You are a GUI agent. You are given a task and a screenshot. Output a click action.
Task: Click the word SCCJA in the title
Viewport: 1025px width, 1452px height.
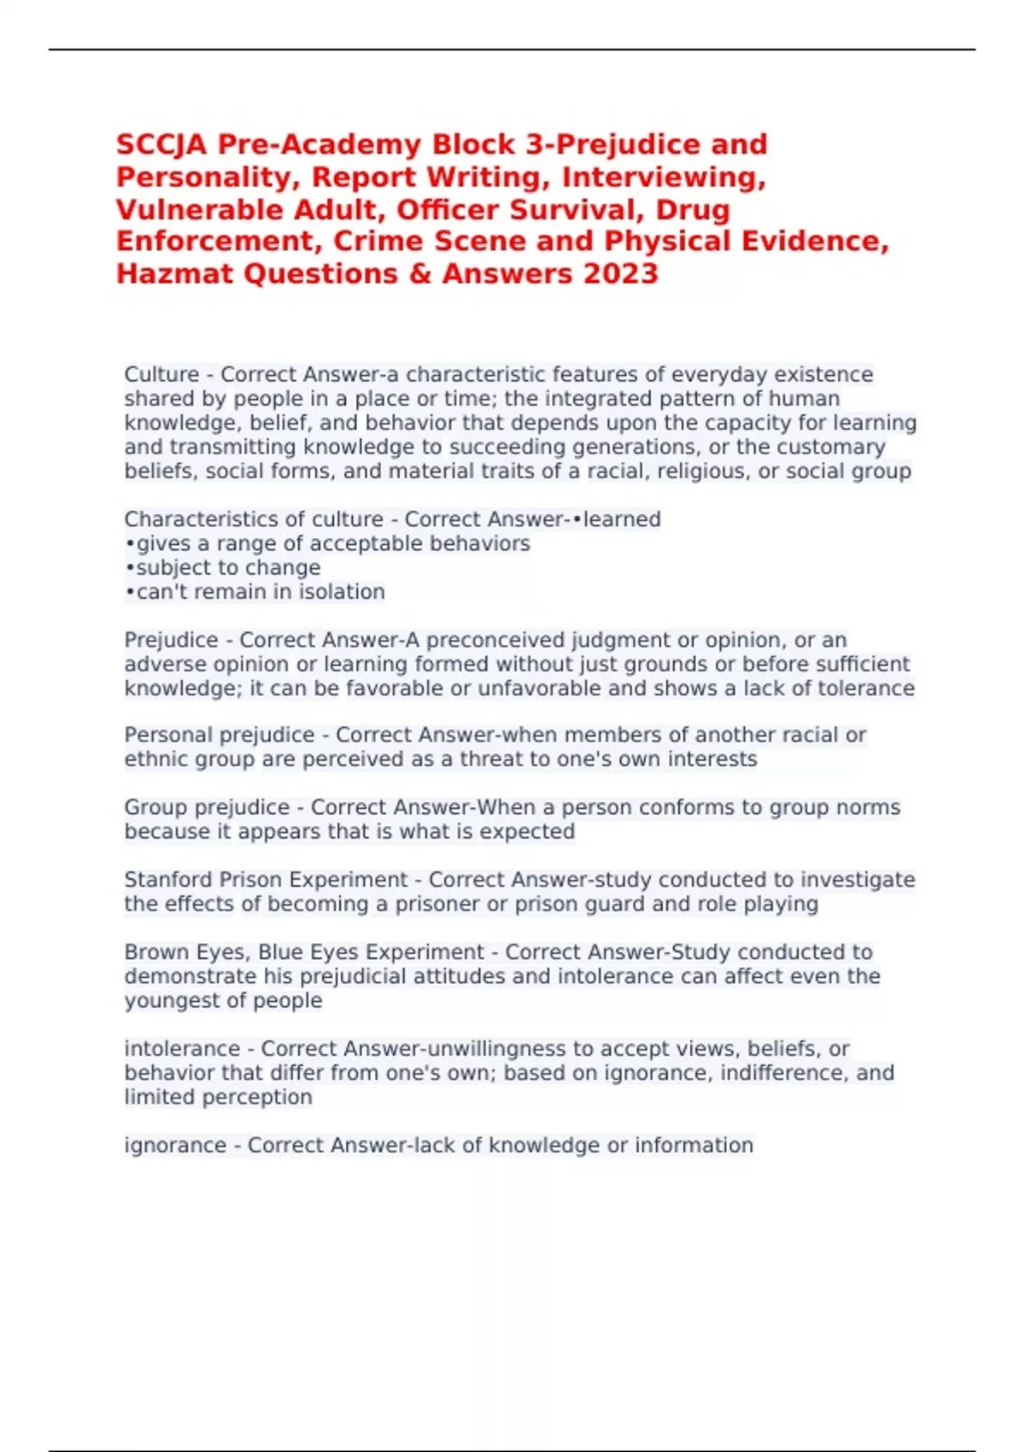click(161, 144)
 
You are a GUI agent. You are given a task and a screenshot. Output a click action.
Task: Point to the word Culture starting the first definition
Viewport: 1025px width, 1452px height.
click(161, 375)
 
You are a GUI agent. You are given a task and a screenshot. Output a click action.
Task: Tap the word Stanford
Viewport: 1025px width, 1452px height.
click(168, 880)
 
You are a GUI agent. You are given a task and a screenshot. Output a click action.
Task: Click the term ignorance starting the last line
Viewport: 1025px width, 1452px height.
click(175, 1145)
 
